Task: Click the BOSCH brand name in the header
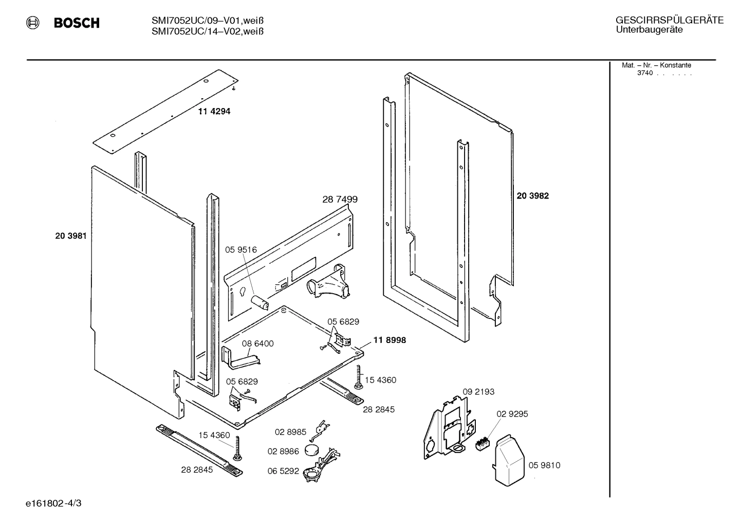point(76,23)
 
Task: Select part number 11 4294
point(214,111)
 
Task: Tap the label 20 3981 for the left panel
point(70,236)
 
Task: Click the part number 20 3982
point(532,196)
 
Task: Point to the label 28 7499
point(340,199)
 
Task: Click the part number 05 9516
point(240,250)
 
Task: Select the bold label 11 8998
point(390,340)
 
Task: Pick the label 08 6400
point(257,344)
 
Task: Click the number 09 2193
point(478,392)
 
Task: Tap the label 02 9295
point(512,414)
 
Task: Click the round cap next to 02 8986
point(311,450)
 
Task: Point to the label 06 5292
point(283,471)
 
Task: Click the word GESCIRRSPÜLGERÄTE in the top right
point(669,21)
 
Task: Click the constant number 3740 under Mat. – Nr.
point(645,73)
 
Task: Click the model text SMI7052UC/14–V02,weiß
point(207,31)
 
